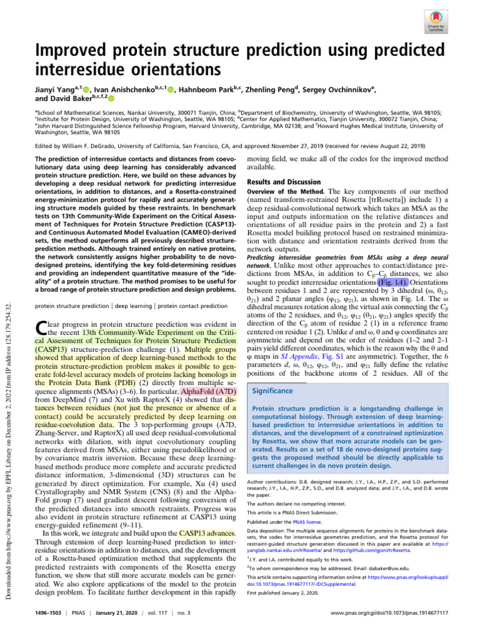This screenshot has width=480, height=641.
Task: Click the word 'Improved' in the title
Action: point(71,48)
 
